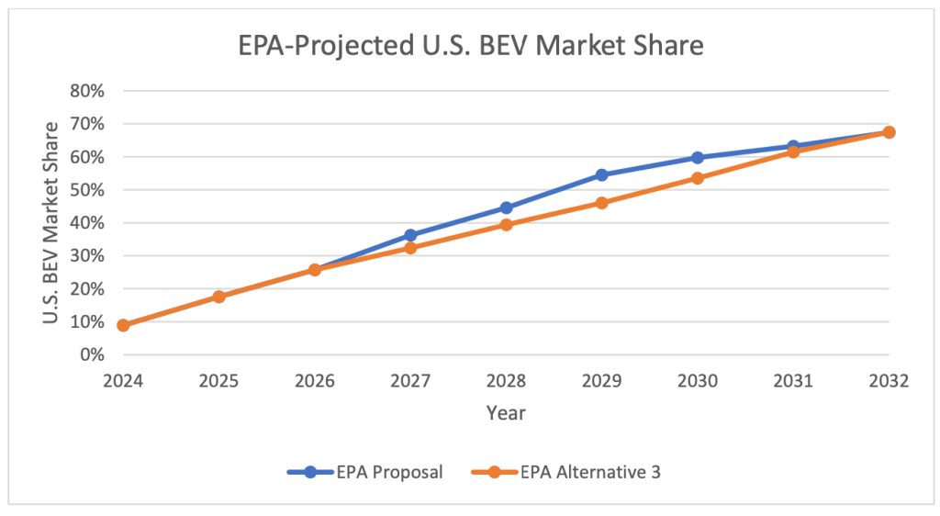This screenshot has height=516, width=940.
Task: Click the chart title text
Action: [469, 45]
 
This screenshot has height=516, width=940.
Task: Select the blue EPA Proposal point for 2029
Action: [601, 174]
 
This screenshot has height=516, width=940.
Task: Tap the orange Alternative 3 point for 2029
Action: [601, 203]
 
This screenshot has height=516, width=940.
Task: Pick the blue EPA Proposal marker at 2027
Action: [410, 235]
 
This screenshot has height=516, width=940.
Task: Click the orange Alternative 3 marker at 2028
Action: [506, 224]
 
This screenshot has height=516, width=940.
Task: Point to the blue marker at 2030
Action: [698, 158]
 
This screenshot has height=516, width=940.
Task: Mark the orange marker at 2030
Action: [698, 178]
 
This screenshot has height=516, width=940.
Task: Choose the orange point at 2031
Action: [793, 151]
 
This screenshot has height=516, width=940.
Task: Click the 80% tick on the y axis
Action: [87, 91]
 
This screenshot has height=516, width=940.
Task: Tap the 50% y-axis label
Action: [87, 190]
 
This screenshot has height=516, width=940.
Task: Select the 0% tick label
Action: [91, 355]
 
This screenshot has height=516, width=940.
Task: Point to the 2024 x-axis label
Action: [123, 380]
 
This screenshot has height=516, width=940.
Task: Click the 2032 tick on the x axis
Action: [889, 380]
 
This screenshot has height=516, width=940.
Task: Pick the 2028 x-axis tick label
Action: [506, 380]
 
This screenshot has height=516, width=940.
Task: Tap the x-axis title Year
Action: [506, 413]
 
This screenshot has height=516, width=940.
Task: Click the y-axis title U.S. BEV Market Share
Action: [52, 223]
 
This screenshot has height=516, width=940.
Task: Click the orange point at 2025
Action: [218, 297]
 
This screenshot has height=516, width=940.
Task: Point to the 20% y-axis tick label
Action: [87, 289]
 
